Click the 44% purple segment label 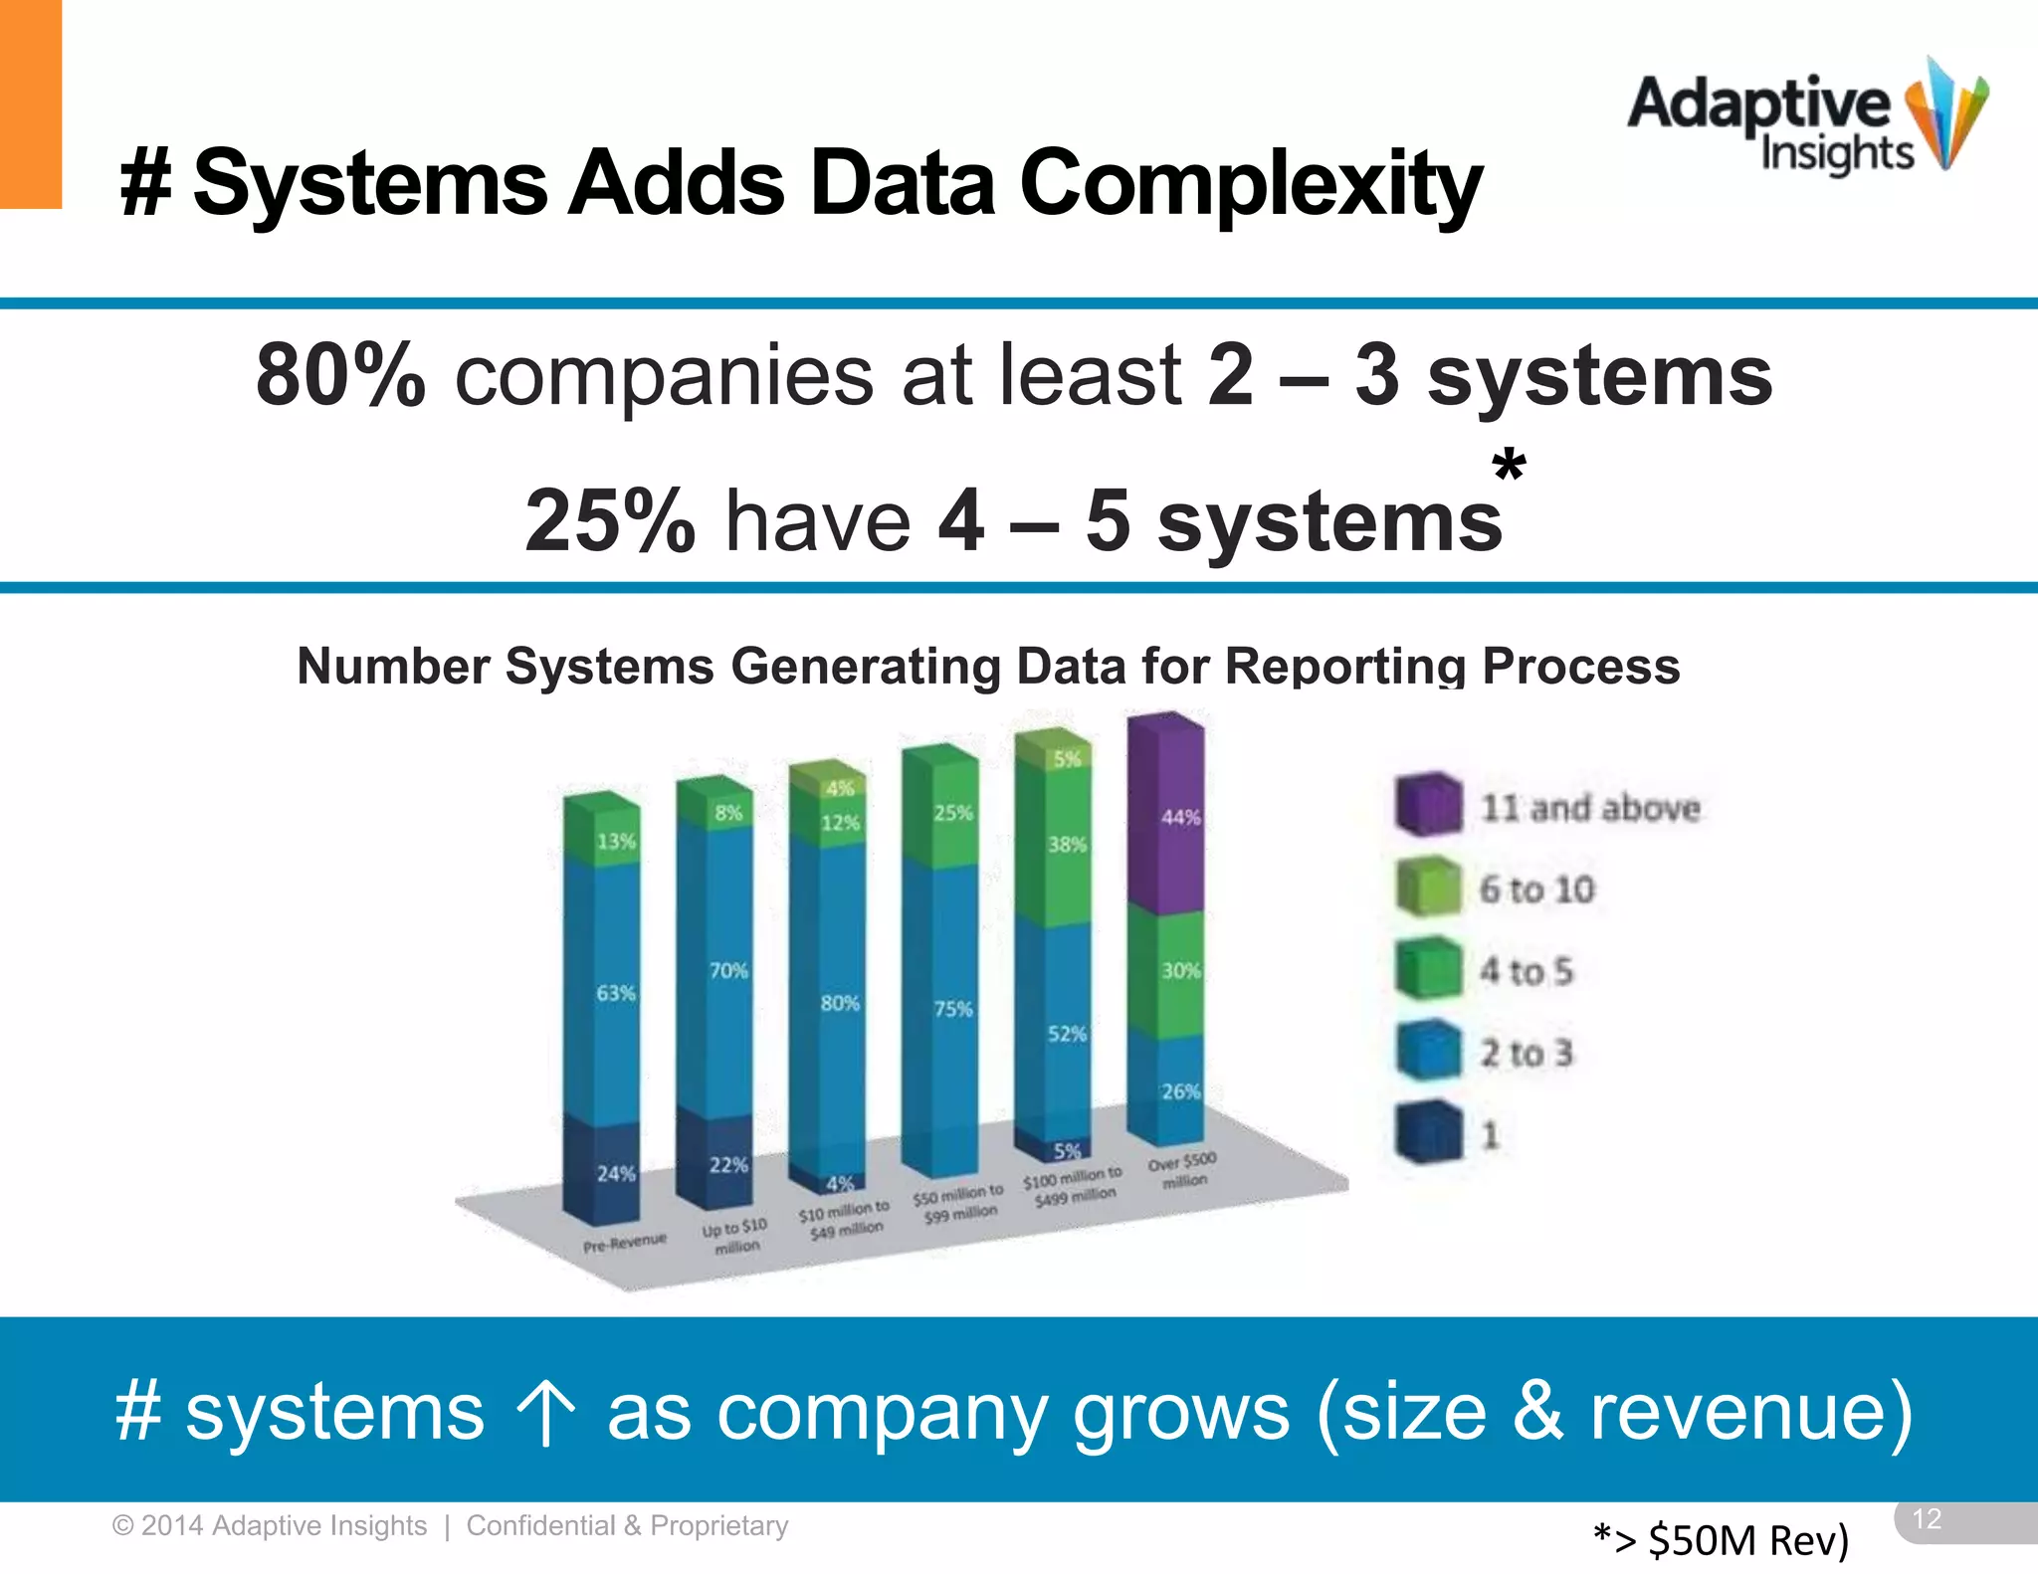click(x=1180, y=818)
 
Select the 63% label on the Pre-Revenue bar click(x=615, y=993)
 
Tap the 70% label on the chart click(x=728, y=970)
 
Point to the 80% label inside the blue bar click(x=840, y=1003)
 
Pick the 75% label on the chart click(x=953, y=1009)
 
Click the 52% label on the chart click(x=1067, y=1034)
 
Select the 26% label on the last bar click(x=1180, y=1091)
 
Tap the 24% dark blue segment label click(x=615, y=1174)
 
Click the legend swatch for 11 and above click(x=1428, y=804)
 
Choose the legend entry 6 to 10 click(x=1536, y=889)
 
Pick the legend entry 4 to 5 click(x=1527, y=971)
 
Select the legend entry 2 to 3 click(x=1527, y=1053)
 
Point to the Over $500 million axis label click(x=1182, y=1170)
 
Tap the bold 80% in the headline click(x=340, y=375)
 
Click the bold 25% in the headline click(x=609, y=520)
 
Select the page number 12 click(x=1927, y=1519)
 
